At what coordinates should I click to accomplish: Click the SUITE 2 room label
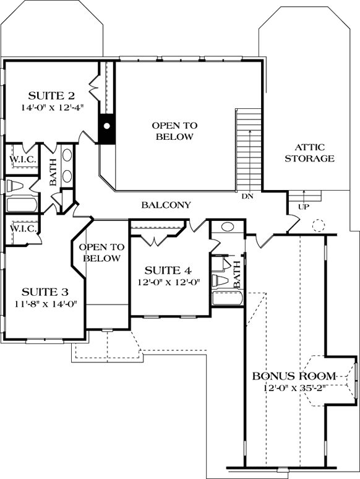52,95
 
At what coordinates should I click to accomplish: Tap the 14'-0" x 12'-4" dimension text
52,106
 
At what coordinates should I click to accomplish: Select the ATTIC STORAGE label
309,153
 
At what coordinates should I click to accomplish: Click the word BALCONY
166,205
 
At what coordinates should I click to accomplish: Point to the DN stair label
247,197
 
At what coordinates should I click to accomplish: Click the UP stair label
304,207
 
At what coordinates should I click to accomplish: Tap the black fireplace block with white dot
107,126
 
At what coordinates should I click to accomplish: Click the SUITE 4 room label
167,270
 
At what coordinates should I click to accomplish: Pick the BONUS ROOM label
293,376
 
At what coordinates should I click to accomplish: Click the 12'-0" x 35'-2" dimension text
293,388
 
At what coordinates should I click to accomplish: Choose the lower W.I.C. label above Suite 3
22,228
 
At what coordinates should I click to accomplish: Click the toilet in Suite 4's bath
221,280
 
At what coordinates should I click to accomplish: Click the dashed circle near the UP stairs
319,225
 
